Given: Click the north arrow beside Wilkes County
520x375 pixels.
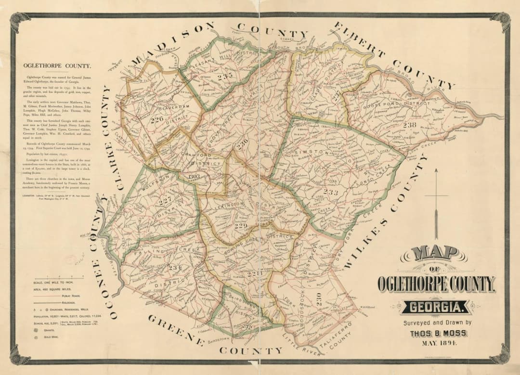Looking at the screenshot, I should [436, 202].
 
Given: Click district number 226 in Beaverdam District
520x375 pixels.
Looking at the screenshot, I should [156, 119].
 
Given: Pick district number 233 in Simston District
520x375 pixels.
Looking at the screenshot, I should [330, 192].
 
